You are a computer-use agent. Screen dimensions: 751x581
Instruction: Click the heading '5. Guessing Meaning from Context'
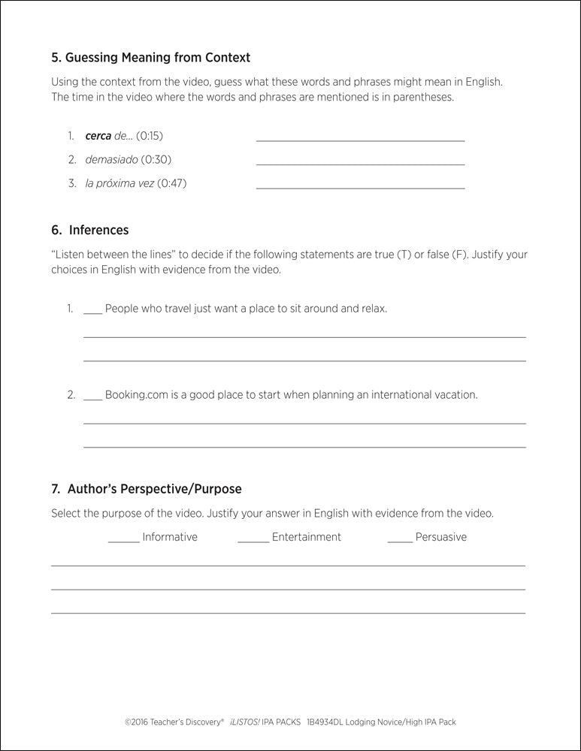(150, 57)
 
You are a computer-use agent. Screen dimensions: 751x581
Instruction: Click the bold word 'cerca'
(98, 136)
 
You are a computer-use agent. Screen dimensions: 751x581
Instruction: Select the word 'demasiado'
(111, 159)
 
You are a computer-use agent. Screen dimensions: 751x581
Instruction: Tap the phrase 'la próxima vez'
(120, 183)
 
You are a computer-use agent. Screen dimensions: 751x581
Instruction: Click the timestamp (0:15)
(149, 136)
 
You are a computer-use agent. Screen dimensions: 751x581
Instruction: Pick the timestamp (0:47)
(172, 183)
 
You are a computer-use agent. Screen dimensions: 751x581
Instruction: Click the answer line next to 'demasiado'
(360, 164)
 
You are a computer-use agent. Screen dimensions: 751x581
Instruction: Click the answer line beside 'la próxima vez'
(360, 188)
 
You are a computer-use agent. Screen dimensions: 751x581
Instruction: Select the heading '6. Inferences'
(89, 230)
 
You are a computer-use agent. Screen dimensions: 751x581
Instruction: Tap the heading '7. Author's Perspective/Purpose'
(147, 489)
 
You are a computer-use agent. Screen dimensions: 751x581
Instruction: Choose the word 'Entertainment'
(306, 537)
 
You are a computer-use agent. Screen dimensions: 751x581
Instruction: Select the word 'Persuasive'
(440, 537)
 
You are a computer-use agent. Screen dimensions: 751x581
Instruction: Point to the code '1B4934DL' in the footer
(328, 722)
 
